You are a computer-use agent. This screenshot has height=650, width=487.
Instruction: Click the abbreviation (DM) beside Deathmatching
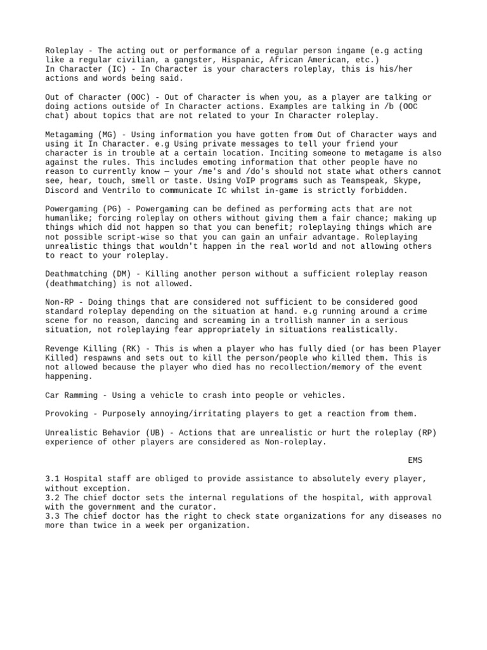(117, 274)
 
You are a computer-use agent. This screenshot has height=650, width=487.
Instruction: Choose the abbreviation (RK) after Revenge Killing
(127, 348)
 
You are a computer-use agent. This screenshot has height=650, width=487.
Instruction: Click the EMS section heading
(415, 460)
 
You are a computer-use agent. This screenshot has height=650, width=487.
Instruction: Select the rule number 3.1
(53, 479)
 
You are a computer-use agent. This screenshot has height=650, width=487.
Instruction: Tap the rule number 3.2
(53, 498)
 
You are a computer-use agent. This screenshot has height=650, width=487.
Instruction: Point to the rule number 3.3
(53, 516)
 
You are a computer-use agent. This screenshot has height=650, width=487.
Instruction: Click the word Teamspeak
(353, 181)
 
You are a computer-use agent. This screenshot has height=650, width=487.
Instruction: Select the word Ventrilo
(120, 190)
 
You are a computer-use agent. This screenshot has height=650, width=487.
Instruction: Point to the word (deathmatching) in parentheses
(78, 284)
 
